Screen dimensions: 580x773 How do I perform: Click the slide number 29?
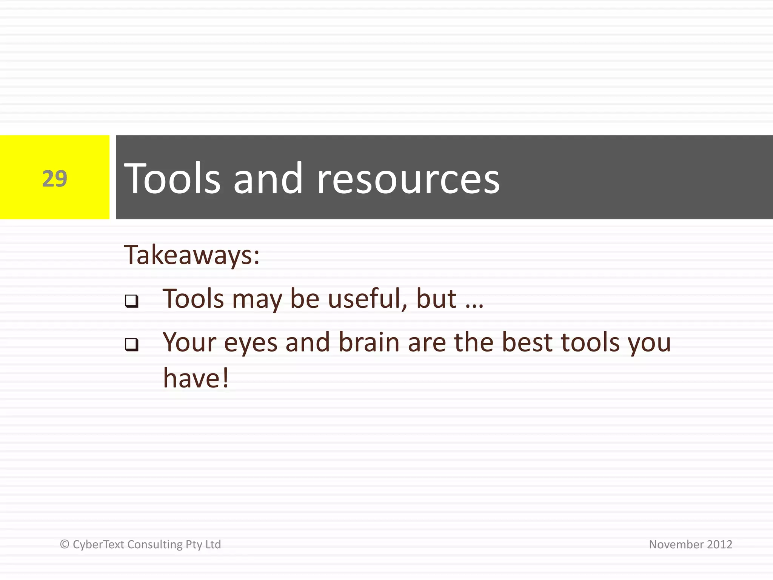[55, 178]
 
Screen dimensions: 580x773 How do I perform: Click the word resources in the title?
[408, 179]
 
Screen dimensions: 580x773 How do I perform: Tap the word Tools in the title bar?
[172, 178]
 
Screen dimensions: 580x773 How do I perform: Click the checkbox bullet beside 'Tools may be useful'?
[132, 301]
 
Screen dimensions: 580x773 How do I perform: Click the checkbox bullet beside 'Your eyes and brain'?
[132, 344]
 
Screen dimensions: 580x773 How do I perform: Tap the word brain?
[369, 342]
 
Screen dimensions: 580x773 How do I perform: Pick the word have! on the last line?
[196, 378]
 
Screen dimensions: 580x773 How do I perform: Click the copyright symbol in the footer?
[65, 544]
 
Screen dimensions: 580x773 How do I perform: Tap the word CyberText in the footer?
[98, 545]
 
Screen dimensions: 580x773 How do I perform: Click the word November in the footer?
[676, 545]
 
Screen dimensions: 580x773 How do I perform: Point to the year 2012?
[719, 545]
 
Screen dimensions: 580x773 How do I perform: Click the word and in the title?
[268, 178]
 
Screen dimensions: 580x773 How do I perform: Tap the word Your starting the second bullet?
[189, 343]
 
